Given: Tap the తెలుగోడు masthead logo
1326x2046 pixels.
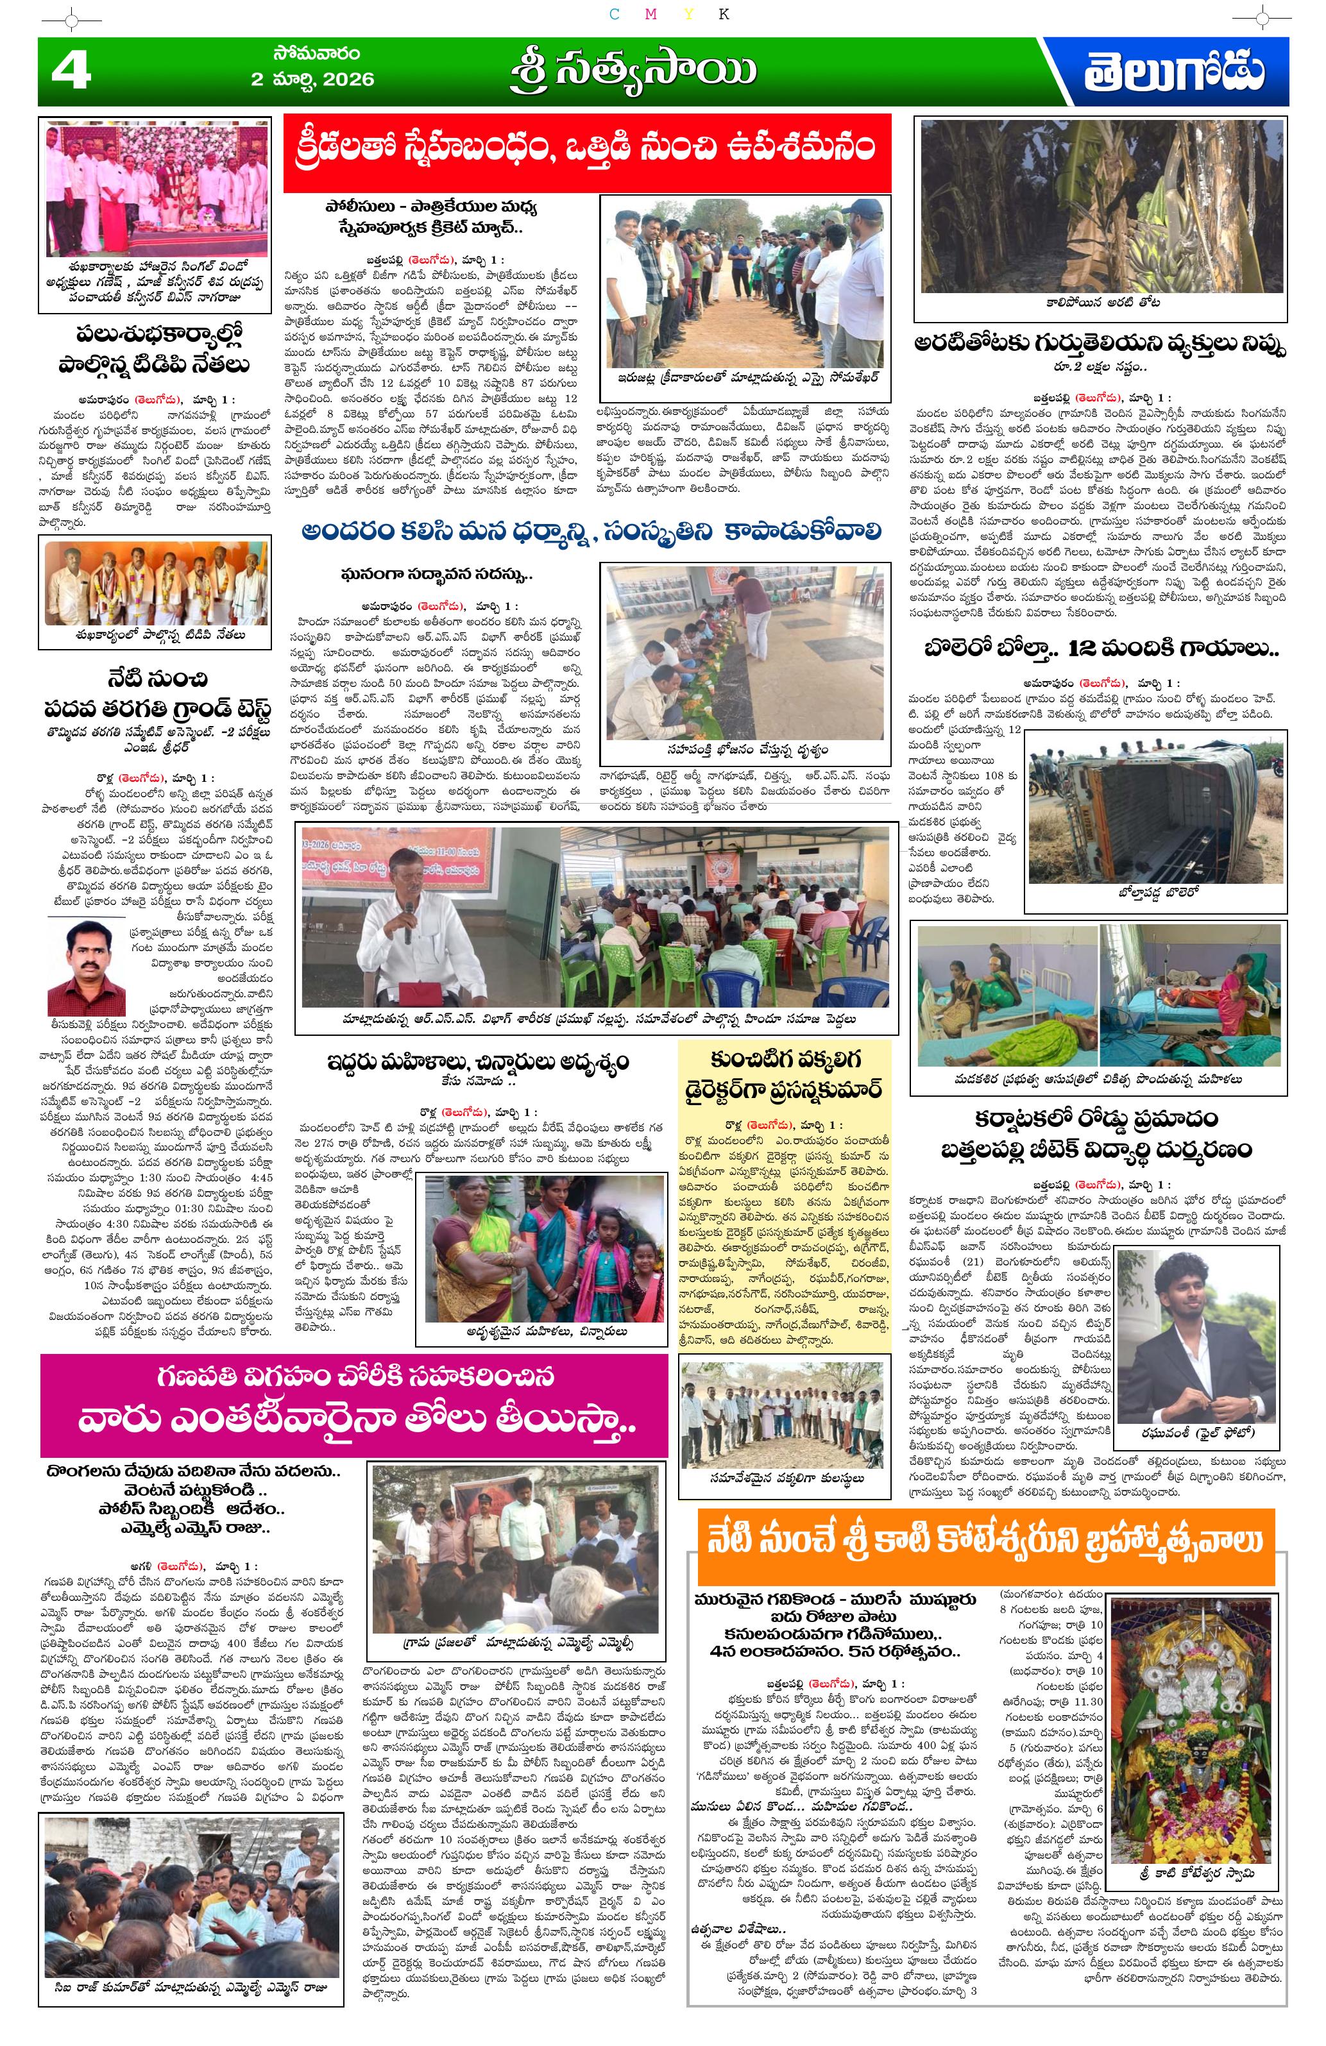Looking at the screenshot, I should coord(1173,72).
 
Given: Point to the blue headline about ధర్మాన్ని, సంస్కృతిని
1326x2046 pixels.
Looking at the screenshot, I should coord(591,533).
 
